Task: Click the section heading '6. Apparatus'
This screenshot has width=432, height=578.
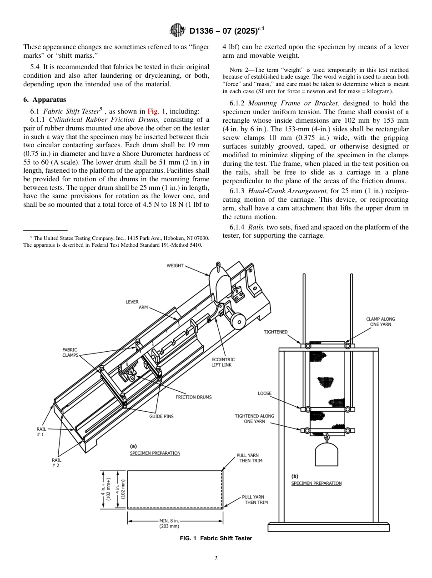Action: pyautogui.click(x=45, y=100)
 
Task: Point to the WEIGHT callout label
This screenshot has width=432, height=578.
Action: pyautogui.click(x=175, y=266)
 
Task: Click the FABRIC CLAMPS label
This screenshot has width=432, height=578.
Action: pyautogui.click(x=70, y=353)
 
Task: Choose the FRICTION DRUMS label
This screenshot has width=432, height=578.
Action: pyautogui.click(x=193, y=397)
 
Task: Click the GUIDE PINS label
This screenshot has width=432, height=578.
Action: pyautogui.click(x=161, y=416)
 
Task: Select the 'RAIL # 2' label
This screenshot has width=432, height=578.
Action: pyautogui.click(x=55, y=463)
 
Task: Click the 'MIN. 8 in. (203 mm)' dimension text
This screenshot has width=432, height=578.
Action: pyautogui.click(x=169, y=523)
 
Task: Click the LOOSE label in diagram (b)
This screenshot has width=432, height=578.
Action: pyautogui.click(x=264, y=394)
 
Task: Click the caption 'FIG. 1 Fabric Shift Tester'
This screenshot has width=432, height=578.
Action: pyautogui.click(x=216, y=538)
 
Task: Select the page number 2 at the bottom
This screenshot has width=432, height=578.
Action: pyautogui.click(x=216, y=558)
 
